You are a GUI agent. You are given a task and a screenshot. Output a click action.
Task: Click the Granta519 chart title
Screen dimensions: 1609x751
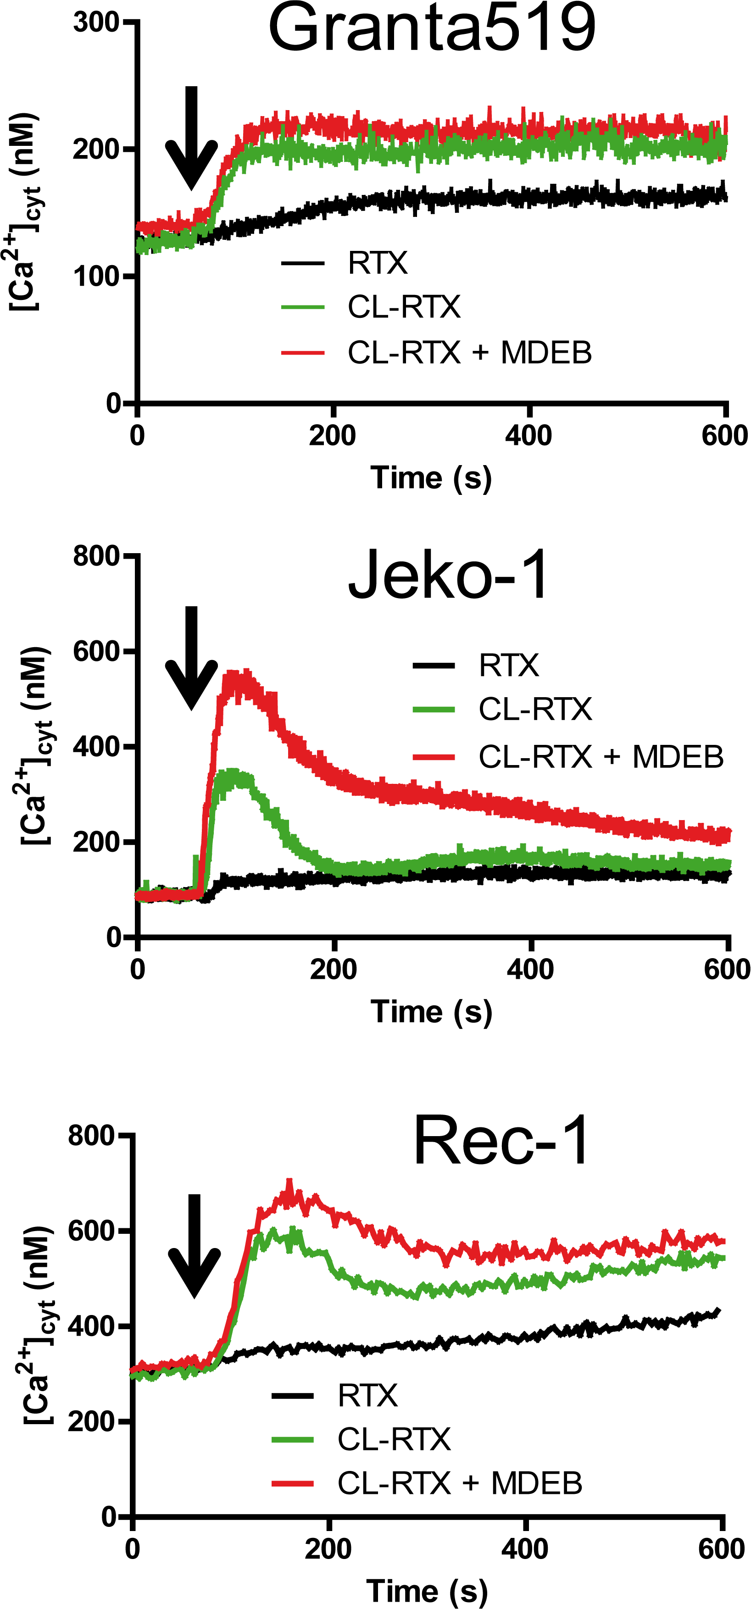pos(432,28)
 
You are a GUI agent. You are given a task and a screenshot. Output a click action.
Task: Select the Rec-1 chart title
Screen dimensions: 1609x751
pos(501,1141)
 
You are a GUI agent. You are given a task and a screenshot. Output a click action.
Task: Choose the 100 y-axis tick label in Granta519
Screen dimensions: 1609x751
pos(95,277)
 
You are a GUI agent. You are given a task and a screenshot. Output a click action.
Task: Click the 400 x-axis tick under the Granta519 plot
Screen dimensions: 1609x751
pos(528,435)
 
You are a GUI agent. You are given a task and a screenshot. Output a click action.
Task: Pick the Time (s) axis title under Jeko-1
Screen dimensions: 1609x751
pos(431,1011)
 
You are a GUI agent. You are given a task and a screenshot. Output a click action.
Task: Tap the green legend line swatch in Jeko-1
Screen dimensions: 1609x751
pos(434,710)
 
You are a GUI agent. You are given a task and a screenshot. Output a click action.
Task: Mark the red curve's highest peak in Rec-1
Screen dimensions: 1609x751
pos(289,1182)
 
